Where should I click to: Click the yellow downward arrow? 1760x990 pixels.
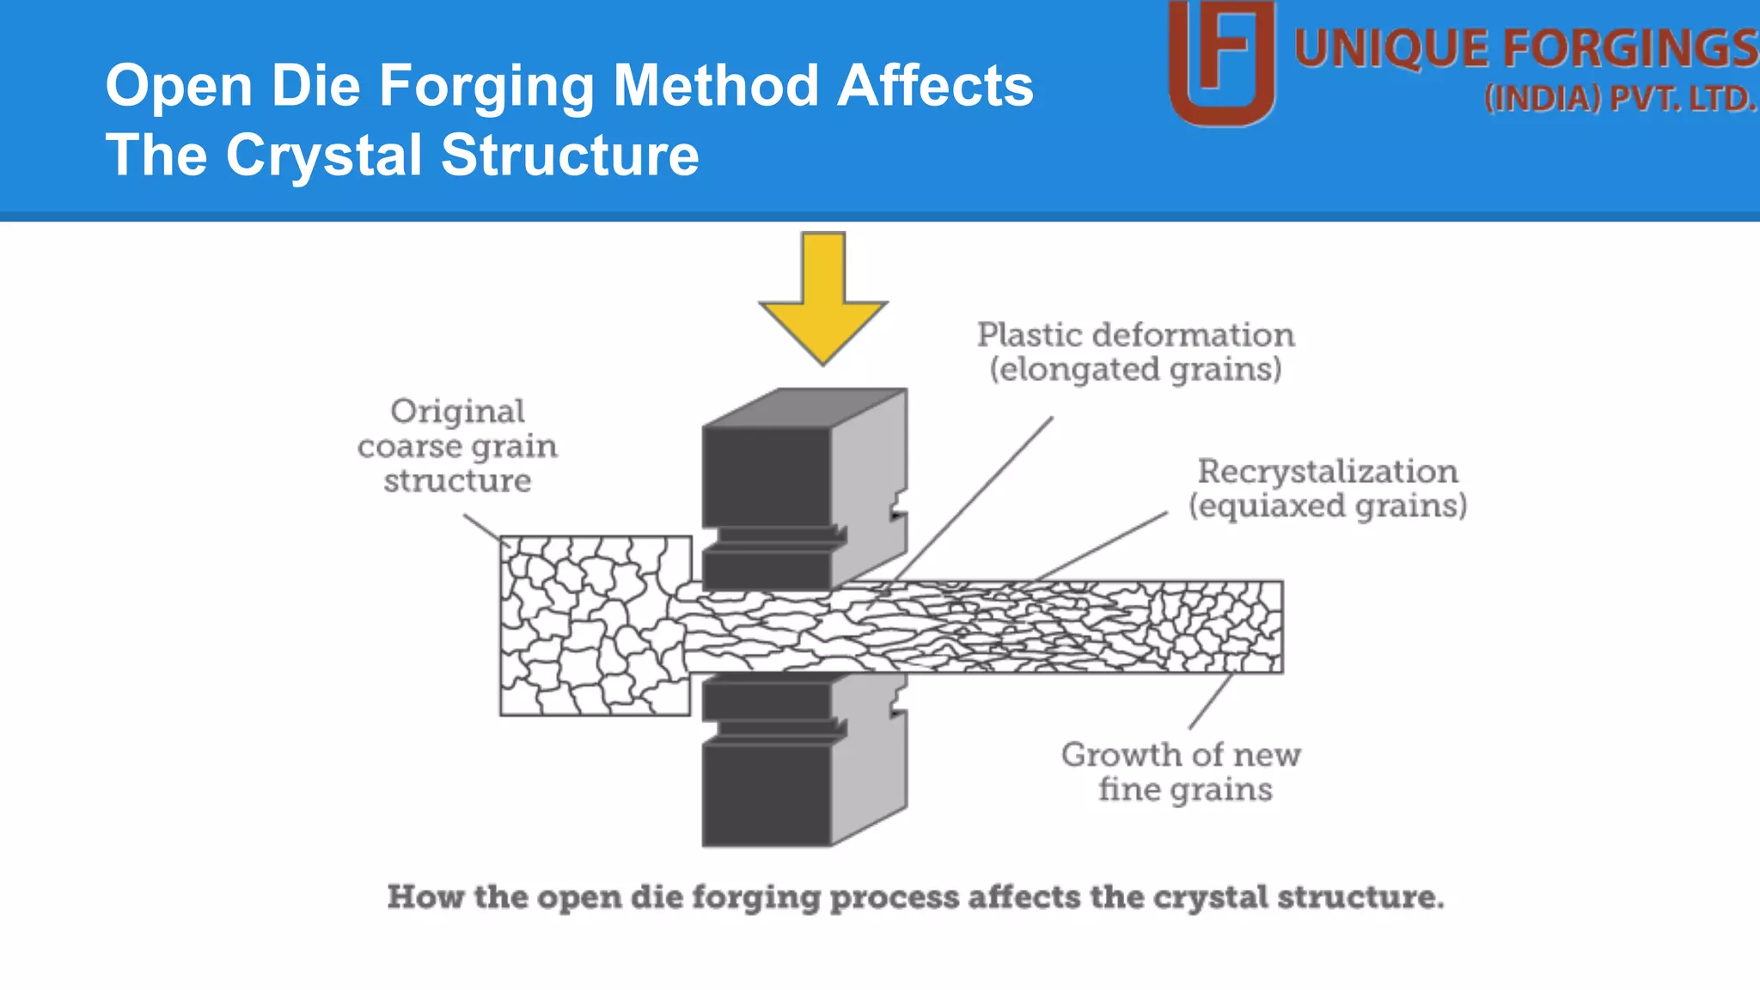pyautogui.click(x=823, y=301)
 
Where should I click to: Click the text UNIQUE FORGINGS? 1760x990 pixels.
pyautogui.click(x=1525, y=49)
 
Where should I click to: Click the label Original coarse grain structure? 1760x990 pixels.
pyautogui.click(x=457, y=445)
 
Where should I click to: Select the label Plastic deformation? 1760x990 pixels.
pyautogui.click(x=1135, y=335)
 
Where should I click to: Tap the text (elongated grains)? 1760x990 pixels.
pyautogui.click(x=1135, y=370)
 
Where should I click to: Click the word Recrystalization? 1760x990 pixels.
pyautogui.click(x=1328, y=472)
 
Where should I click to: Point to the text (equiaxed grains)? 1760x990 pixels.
pyautogui.click(x=1328, y=505)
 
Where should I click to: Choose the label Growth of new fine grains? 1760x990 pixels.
pyautogui.click(x=1182, y=771)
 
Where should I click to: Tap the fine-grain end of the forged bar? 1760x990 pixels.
pyautogui.click(x=1220, y=626)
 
